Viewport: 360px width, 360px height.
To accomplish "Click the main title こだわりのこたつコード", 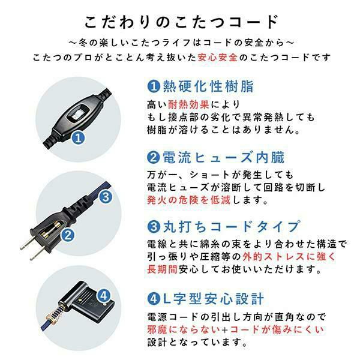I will click(x=181, y=22).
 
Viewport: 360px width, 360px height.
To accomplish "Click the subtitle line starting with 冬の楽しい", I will click(x=181, y=43).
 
